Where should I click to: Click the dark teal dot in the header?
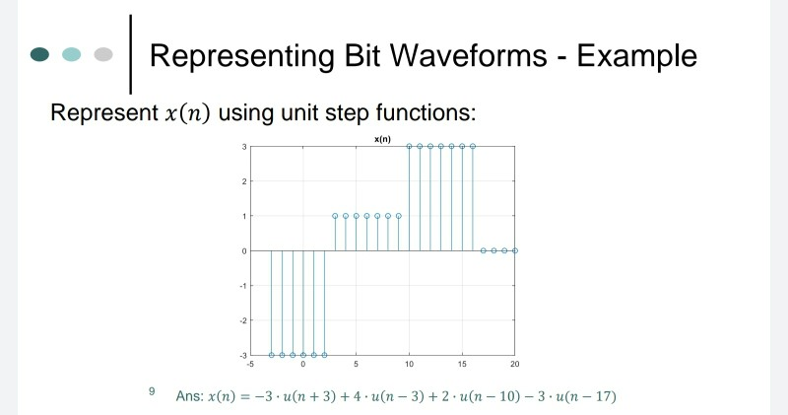point(40,54)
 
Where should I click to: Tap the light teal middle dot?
point(72,54)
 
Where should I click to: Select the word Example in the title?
point(636,55)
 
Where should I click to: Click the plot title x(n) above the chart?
point(382,139)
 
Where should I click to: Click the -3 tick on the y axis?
point(242,354)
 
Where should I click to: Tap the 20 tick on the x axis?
point(515,365)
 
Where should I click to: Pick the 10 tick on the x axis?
point(409,365)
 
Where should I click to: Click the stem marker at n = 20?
point(515,250)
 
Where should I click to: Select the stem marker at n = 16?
point(473,146)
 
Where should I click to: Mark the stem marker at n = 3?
point(335,215)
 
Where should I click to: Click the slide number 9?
point(152,391)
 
